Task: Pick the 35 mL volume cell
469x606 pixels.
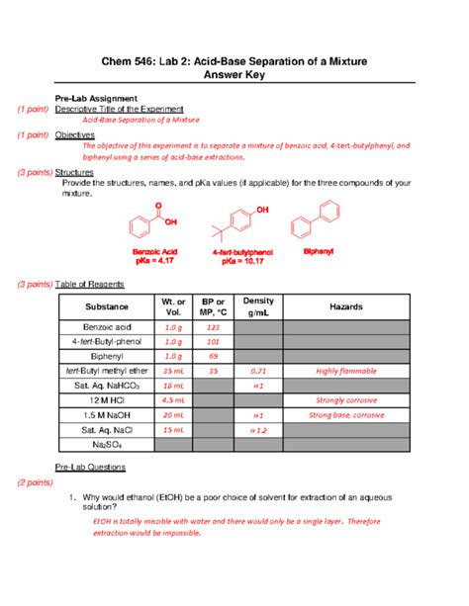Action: [172, 370]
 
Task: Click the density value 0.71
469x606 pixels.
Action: [257, 370]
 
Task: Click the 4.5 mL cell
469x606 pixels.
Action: [172, 400]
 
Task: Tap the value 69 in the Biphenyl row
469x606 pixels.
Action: [212, 356]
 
